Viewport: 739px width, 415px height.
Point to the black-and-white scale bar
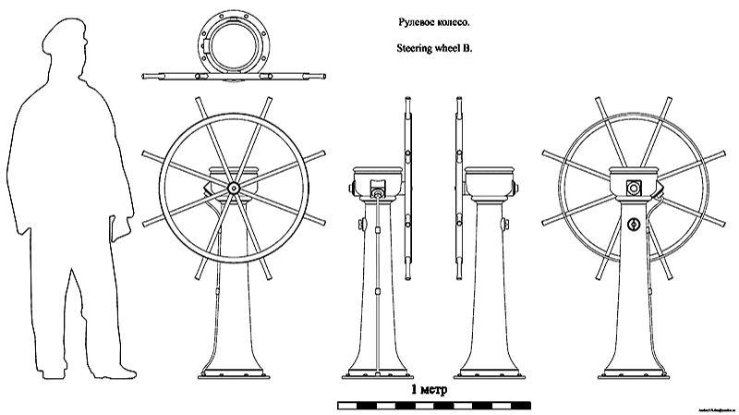pyautogui.click(x=433, y=405)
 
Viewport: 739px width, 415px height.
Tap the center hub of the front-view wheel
pyautogui.click(x=233, y=187)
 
